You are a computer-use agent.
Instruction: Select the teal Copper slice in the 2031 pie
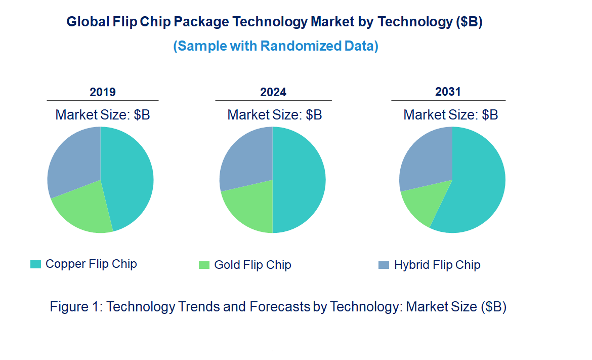tap(476, 187)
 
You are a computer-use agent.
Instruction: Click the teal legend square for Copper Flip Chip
tap(35, 264)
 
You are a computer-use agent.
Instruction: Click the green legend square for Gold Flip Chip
tap(204, 265)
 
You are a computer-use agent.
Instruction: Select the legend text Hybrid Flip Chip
tap(437, 265)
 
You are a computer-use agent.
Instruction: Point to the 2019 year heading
tap(103, 92)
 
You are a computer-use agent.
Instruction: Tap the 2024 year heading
tap(273, 92)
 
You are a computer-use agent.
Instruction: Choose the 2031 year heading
tap(448, 92)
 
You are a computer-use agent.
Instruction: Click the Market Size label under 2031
tap(450, 115)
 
